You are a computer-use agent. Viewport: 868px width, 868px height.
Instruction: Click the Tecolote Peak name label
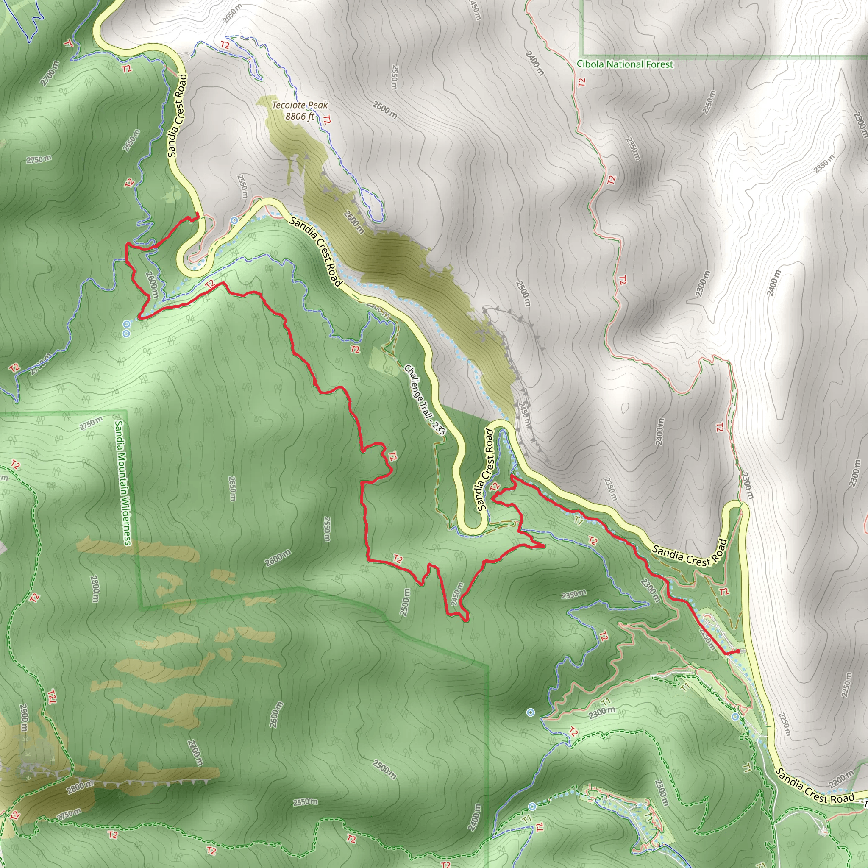tap(300, 105)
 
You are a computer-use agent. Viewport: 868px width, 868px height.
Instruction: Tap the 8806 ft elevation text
tap(300, 117)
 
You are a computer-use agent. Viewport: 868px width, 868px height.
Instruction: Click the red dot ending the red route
tap(738, 651)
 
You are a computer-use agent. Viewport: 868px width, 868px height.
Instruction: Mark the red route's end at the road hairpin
tap(198, 214)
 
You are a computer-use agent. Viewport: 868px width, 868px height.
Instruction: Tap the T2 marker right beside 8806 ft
tap(327, 120)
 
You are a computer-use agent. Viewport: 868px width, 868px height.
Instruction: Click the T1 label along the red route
tap(578, 521)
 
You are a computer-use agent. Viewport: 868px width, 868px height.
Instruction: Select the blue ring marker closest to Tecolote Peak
tap(234, 220)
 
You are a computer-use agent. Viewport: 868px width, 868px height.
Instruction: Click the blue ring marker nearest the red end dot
tap(735, 717)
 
